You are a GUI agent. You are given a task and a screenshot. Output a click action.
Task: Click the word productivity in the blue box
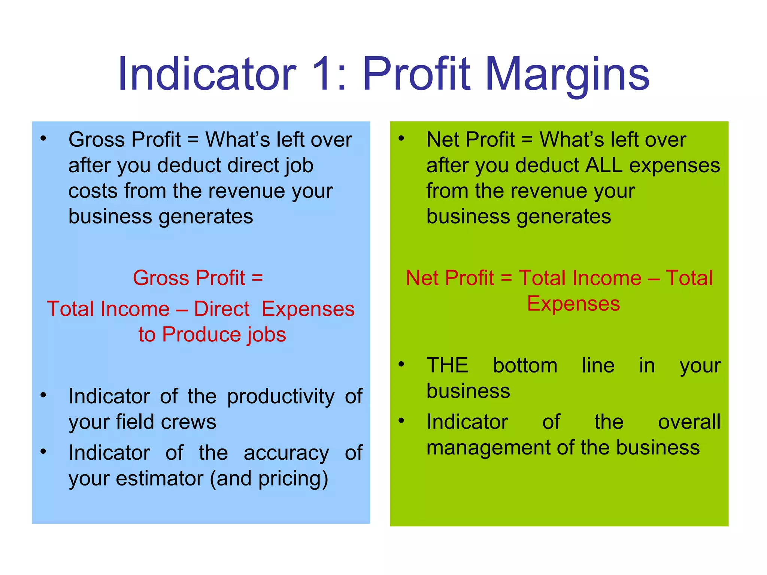[281, 397]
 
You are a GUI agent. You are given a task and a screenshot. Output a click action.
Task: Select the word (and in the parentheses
[230, 479]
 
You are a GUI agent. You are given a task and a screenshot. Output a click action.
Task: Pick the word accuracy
[287, 453]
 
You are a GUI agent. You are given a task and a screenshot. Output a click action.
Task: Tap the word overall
[689, 422]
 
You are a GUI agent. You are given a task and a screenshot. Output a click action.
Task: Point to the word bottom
[525, 365]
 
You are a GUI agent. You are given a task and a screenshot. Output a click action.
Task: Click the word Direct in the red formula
[221, 309]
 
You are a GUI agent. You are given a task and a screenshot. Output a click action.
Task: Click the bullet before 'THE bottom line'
[401, 364]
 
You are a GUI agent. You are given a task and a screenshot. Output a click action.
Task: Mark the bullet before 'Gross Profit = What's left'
[43, 139]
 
